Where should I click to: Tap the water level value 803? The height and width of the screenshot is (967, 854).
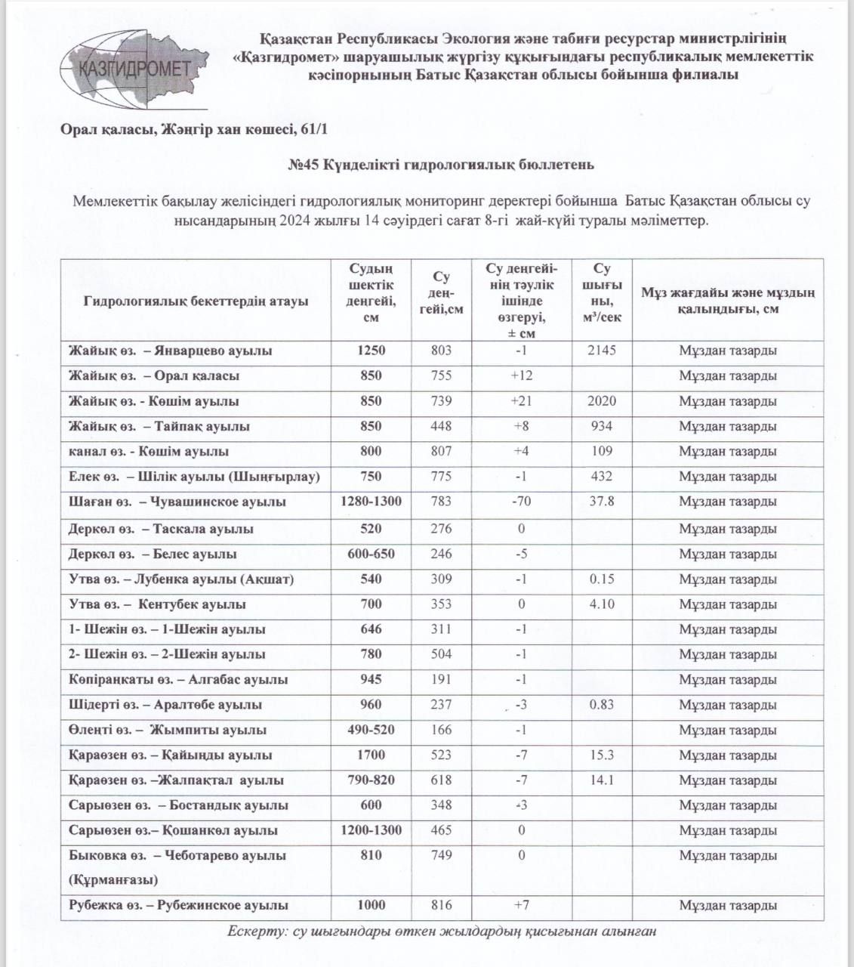(x=441, y=351)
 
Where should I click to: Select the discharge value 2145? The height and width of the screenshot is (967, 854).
(x=602, y=351)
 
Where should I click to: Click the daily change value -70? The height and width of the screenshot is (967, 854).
(x=521, y=502)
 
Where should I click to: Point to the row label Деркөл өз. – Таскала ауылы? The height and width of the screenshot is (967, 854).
(x=160, y=529)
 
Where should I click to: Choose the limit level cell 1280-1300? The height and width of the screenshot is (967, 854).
(x=372, y=502)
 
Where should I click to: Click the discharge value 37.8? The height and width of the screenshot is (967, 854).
(x=602, y=502)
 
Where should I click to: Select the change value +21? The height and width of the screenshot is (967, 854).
(x=521, y=401)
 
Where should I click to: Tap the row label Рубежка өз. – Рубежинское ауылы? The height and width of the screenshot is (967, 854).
(x=178, y=905)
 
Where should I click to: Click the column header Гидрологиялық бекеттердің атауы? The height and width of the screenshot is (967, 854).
(x=196, y=301)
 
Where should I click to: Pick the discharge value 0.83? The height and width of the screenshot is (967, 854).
(x=602, y=705)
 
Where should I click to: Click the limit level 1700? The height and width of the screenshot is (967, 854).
(x=372, y=755)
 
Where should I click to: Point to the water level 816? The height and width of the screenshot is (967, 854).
(x=441, y=905)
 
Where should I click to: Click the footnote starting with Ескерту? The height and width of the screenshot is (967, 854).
(x=442, y=931)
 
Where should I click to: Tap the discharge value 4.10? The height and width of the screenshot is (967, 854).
(x=602, y=604)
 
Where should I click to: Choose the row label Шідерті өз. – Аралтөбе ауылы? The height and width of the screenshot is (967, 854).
(x=165, y=705)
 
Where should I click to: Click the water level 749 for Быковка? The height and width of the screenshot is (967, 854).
(x=441, y=855)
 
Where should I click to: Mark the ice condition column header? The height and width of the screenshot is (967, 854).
(x=727, y=301)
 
